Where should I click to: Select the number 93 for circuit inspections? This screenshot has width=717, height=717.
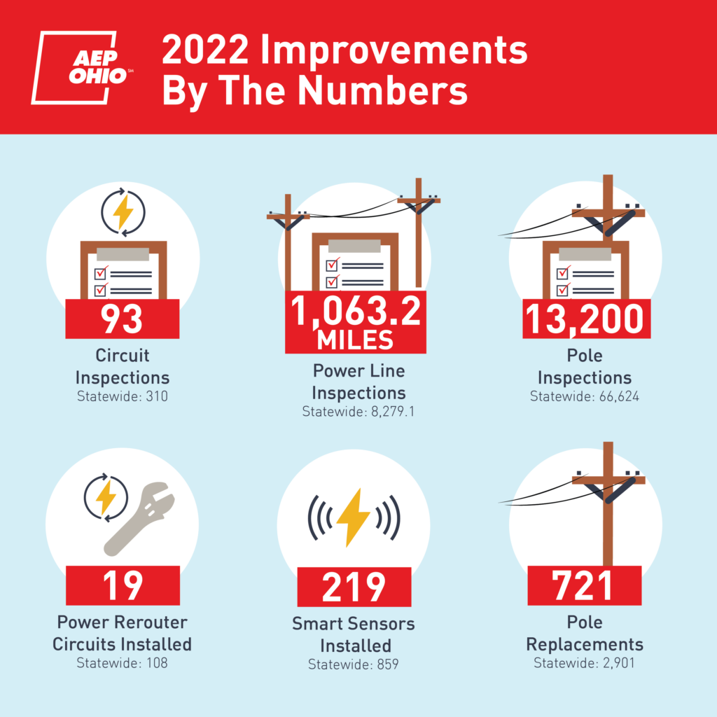pyautogui.click(x=123, y=319)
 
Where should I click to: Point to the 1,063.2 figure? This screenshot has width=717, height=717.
pyautogui.click(x=355, y=310)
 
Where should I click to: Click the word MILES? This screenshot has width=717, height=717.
pyautogui.click(x=355, y=340)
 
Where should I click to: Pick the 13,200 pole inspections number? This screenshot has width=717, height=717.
pyautogui.click(x=585, y=319)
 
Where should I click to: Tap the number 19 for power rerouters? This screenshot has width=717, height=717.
pyautogui.click(x=123, y=585)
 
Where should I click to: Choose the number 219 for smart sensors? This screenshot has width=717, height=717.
pyautogui.click(x=354, y=587)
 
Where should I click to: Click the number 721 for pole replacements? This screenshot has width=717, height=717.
pyautogui.click(x=584, y=585)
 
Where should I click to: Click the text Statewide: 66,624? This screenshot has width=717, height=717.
pyautogui.click(x=585, y=397)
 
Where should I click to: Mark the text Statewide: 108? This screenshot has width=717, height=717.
pyautogui.click(x=123, y=662)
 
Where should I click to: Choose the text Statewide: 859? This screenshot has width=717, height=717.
pyautogui.click(x=354, y=664)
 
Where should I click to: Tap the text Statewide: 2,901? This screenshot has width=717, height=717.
pyautogui.click(x=585, y=662)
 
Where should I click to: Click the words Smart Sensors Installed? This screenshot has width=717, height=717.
pyautogui.click(x=354, y=634)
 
